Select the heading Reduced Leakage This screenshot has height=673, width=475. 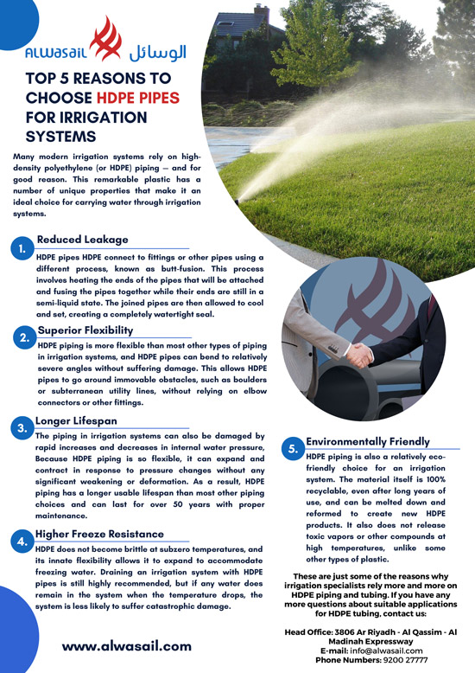click(x=83, y=240)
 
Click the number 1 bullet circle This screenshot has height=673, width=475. click(x=22, y=250)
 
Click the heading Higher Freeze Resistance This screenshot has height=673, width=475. click(x=100, y=535)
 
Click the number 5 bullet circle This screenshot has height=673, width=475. click(x=294, y=449)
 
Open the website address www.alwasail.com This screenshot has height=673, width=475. click(x=127, y=645)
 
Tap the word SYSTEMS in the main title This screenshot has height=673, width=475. click(x=60, y=136)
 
